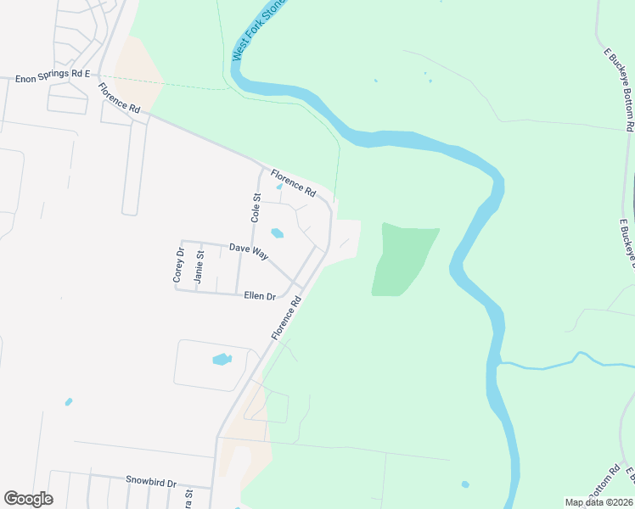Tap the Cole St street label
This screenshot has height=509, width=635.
pyautogui.click(x=255, y=207)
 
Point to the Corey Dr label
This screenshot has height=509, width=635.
pyautogui.click(x=178, y=265)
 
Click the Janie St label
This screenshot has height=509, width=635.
pyautogui.click(x=199, y=266)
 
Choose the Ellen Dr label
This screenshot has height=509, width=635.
pyautogui.click(x=260, y=296)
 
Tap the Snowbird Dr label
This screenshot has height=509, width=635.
pyautogui.click(x=150, y=482)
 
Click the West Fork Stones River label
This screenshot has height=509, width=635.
pyautogui.click(x=250, y=31)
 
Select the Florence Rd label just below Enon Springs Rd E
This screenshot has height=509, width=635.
pyautogui.click(x=118, y=98)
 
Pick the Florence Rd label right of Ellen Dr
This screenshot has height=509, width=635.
pyautogui.click(x=287, y=319)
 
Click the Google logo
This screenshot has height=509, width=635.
pyautogui.click(x=28, y=499)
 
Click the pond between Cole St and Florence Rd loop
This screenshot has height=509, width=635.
pyautogui.click(x=277, y=233)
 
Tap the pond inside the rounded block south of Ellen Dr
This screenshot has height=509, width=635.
pyautogui.click(x=222, y=359)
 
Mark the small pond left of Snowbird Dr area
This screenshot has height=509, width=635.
pyautogui.click(x=69, y=401)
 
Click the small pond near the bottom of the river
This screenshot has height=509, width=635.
pyautogui.click(x=465, y=484)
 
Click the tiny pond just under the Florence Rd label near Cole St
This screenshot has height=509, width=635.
pyautogui.click(x=280, y=187)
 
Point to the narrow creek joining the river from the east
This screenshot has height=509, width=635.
pyautogui.click(x=560, y=362)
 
